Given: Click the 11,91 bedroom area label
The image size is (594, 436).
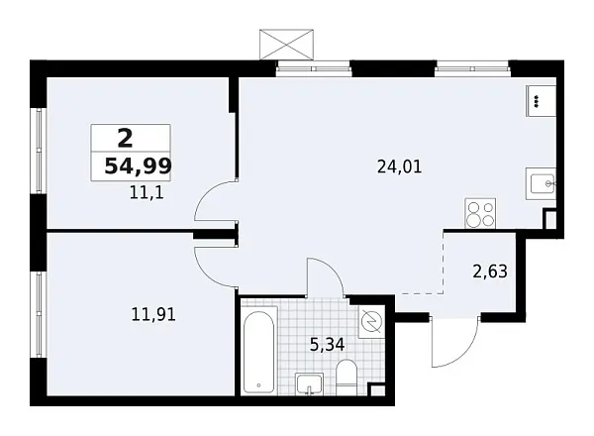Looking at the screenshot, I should [x=153, y=317].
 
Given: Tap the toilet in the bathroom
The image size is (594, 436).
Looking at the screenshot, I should [x=346, y=378].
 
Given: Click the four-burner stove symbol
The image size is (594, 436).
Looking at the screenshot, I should [x=481, y=213].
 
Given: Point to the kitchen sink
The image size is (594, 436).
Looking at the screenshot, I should [x=541, y=184].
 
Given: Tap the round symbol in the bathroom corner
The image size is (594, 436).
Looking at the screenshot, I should [x=371, y=322].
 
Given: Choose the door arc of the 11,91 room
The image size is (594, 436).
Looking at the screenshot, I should [x=213, y=260].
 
